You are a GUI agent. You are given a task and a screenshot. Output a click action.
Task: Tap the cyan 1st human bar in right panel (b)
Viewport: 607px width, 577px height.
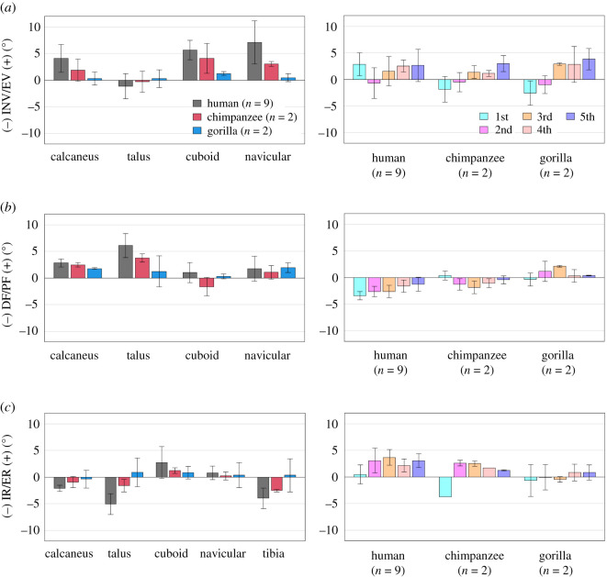[360, 287]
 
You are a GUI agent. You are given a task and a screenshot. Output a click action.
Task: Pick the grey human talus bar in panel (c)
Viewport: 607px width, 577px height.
[110, 491]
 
